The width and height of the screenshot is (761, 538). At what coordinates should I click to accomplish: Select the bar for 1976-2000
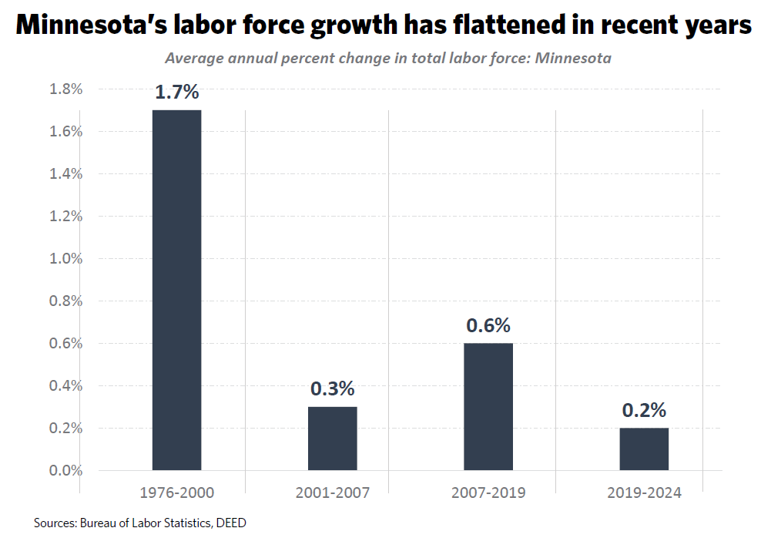(176, 290)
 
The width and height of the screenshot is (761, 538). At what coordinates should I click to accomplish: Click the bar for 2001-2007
(332, 438)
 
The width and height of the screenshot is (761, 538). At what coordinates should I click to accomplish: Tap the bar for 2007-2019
(488, 406)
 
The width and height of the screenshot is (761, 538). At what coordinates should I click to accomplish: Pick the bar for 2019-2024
(644, 449)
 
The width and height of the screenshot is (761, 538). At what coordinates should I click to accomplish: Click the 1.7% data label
(176, 92)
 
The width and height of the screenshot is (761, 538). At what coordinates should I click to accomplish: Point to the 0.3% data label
(333, 388)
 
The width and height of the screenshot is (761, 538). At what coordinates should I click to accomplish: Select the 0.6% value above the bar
(488, 325)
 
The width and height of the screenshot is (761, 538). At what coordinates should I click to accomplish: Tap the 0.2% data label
(644, 410)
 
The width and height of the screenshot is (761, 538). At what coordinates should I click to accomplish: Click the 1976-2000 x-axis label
(176, 493)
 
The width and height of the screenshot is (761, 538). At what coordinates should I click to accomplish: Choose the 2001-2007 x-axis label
(332, 493)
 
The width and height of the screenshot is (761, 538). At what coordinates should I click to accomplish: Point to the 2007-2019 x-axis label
(488, 493)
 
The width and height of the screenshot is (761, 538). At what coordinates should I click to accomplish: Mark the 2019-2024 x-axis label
(644, 493)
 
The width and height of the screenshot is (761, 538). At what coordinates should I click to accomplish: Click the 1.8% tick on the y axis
(65, 89)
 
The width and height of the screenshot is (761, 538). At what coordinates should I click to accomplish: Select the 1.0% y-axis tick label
(65, 258)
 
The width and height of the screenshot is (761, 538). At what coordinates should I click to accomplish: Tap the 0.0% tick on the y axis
(65, 470)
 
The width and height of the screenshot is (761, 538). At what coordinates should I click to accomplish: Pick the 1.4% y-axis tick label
(65, 174)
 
